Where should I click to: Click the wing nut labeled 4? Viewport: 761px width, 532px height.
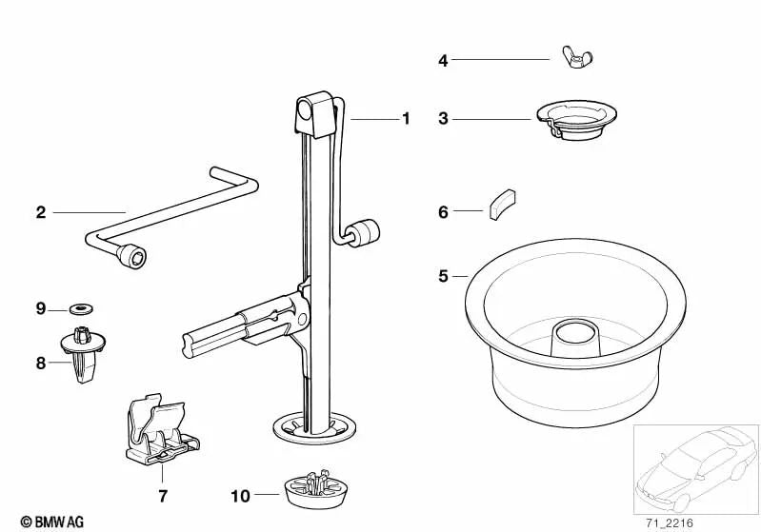[577, 58]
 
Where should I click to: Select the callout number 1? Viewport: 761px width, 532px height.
[407, 119]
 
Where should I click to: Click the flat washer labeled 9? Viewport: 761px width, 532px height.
[82, 308]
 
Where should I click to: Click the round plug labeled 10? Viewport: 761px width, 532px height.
[315, 490]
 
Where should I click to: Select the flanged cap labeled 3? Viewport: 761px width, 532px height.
[576, 120]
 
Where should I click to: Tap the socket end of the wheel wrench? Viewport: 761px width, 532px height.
[131, 255]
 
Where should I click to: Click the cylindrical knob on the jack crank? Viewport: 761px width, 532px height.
[364, 233]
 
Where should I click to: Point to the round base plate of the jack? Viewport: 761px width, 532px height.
[315, 428]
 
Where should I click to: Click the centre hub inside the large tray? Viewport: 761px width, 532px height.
[575, 338]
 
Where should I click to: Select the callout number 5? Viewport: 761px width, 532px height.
[443, 276]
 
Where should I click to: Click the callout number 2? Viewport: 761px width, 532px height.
[41, 212]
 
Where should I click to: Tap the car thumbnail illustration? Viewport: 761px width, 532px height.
[696, 468]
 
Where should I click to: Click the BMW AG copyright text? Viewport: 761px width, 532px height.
[52, 522]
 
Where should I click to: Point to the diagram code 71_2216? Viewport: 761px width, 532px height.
[670, 523]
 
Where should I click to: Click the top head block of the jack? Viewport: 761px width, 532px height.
[315, 114]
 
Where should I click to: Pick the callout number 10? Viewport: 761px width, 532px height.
[240, 496]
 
